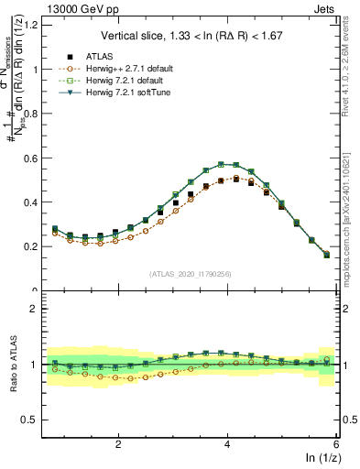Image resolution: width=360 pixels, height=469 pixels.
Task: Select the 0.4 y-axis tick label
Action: click(28, 202)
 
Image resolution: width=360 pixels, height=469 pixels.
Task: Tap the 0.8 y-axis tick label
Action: click(28, 114)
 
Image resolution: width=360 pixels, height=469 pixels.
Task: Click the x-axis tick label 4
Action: click(227, 444)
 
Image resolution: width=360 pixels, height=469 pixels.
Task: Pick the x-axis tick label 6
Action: click(336, 444)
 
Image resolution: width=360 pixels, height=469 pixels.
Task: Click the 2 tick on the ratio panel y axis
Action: click(32, 309)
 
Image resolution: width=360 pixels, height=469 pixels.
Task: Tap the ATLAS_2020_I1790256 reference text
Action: click(190, 274)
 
